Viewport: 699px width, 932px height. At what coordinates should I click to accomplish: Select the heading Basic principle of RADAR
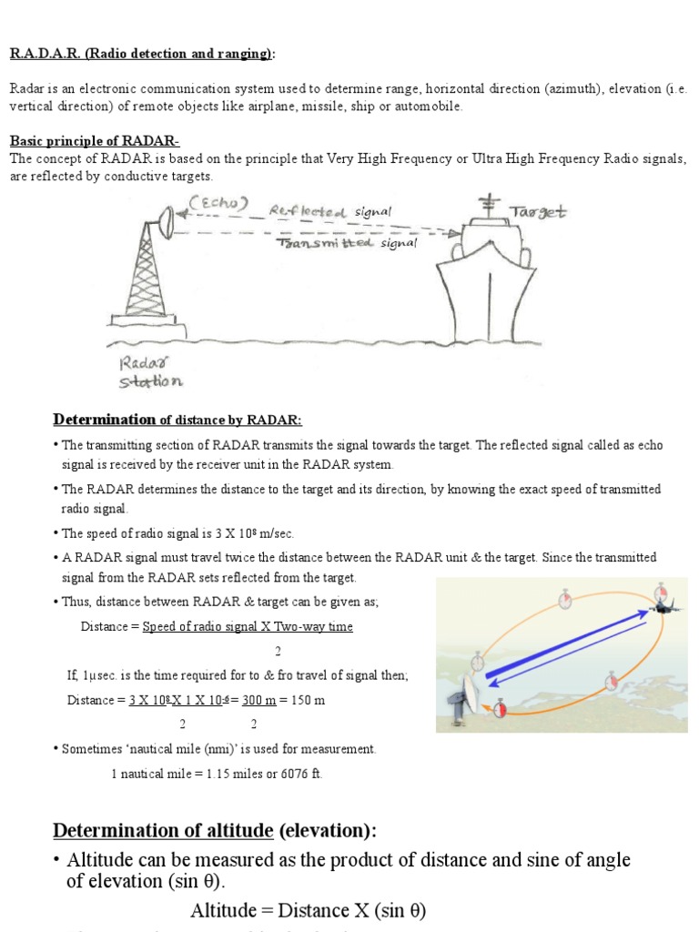pos(95,141)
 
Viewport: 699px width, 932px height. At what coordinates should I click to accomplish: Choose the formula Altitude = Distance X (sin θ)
pos(308,910)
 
